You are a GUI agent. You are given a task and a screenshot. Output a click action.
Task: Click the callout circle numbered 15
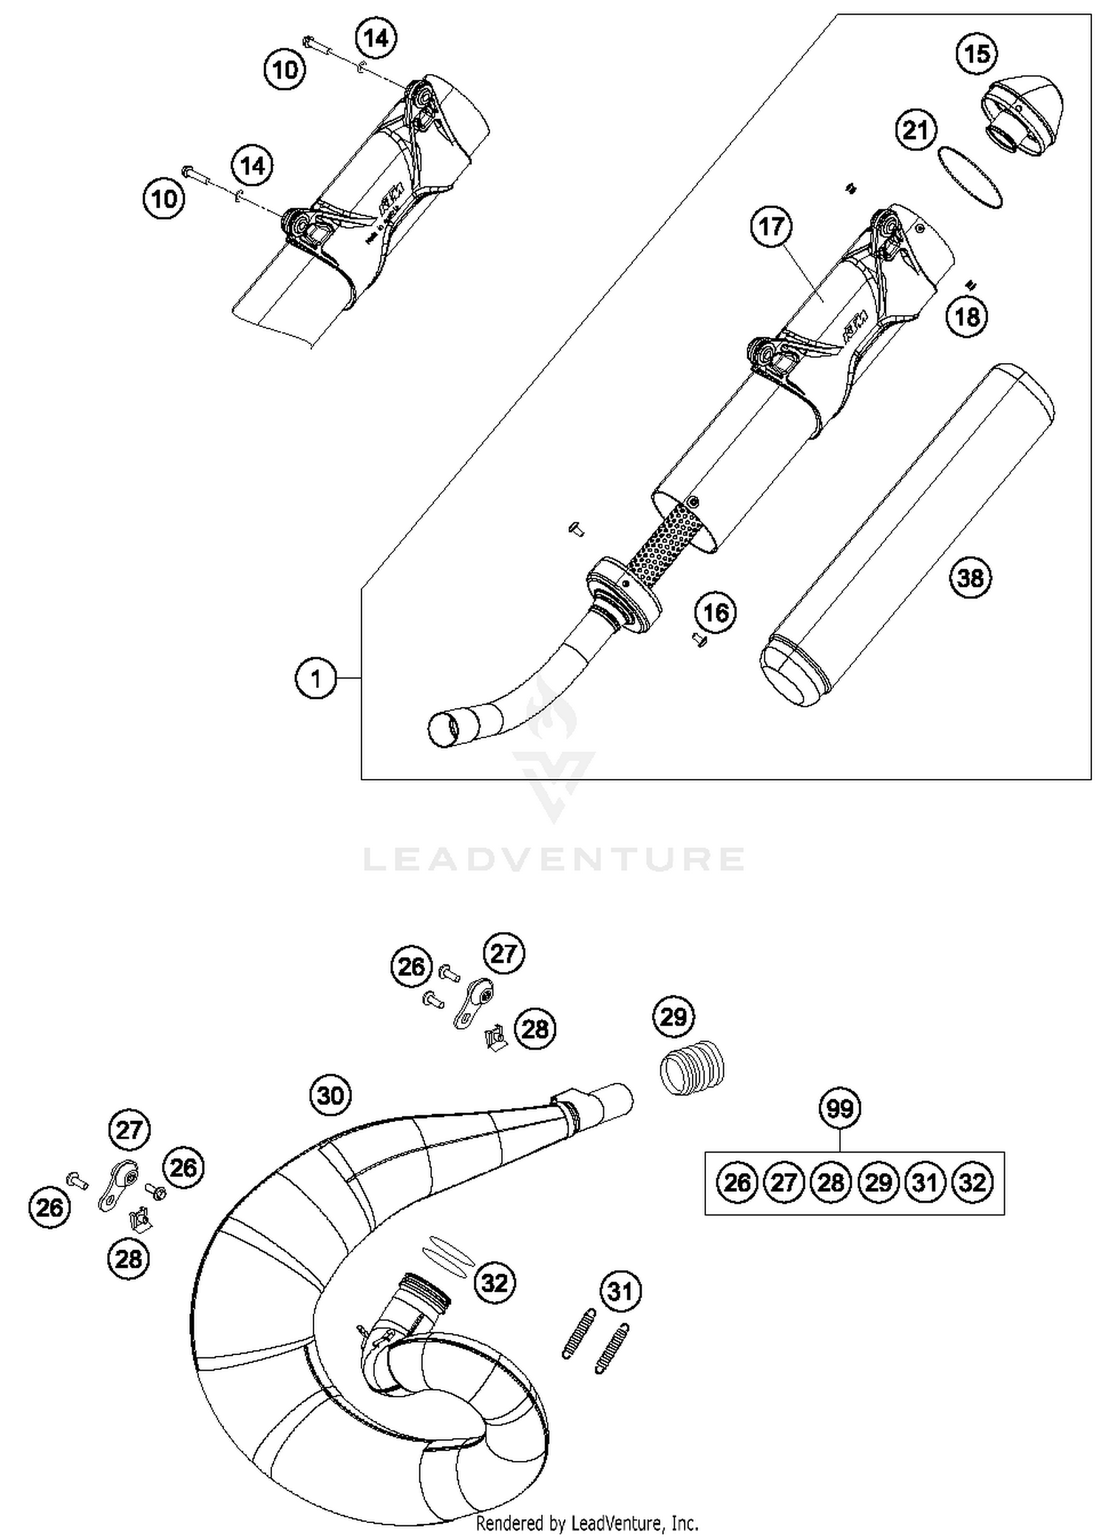coord(977,54)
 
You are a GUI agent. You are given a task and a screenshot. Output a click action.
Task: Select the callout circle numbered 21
coord(915,131)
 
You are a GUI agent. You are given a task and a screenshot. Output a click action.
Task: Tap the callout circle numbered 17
coord(771,226)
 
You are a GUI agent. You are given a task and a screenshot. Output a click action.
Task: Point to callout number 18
coord(967,317)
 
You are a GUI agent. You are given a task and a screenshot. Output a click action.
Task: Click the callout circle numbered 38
coord(971,577)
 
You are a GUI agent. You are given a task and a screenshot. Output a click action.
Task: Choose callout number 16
coord(715,612)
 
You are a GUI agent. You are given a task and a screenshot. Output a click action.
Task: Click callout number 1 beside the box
coord(316,678)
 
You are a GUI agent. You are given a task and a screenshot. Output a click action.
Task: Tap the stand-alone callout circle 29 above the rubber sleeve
coord(673,1017)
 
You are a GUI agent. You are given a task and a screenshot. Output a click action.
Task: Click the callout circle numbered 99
coord(840,1109)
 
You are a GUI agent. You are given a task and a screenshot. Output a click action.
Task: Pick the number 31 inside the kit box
coord(925,1183)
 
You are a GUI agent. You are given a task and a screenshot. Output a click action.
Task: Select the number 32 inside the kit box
coord(972,1183)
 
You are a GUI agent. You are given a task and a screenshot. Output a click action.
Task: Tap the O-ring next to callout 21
coord(969,178)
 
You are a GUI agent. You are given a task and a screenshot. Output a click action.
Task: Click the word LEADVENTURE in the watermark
coord(554,859)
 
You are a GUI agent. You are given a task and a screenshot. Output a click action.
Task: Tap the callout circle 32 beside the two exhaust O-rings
coord(494,1282)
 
